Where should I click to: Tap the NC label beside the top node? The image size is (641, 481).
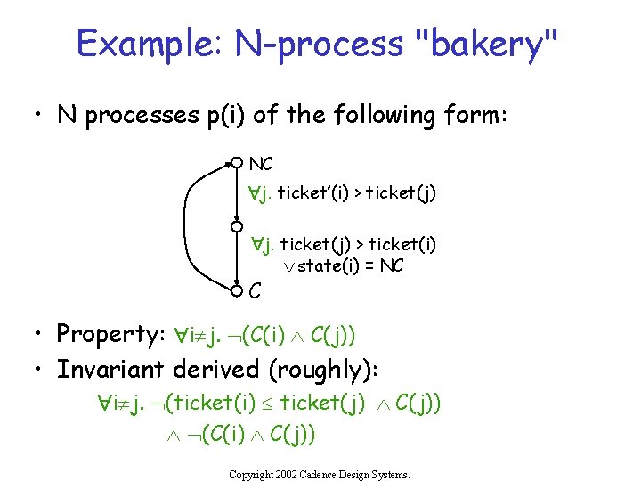pyautogui.click(x=261, y=164)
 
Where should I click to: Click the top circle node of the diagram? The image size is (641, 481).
pyautogui.click(x=237, y=162)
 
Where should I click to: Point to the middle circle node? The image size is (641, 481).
pyautogui.click(x=237, y=227)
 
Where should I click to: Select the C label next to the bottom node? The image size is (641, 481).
pyautogui.click(x=256, y=290)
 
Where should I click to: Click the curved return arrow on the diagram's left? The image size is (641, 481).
pyautogui.click(x=191, y=226)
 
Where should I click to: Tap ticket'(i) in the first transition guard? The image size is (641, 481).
pyautogui.click(x=311, y=192)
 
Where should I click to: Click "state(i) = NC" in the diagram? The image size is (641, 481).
pyautogui.click(x=350, y=266)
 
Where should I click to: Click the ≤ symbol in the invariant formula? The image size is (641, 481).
pyautogui.click(x=267, y=403)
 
